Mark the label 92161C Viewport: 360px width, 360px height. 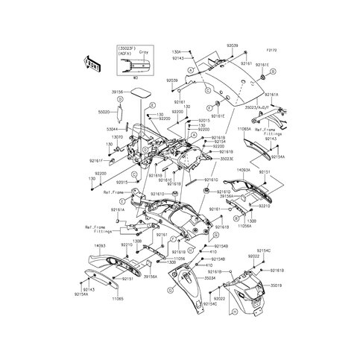tap(165, 180)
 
